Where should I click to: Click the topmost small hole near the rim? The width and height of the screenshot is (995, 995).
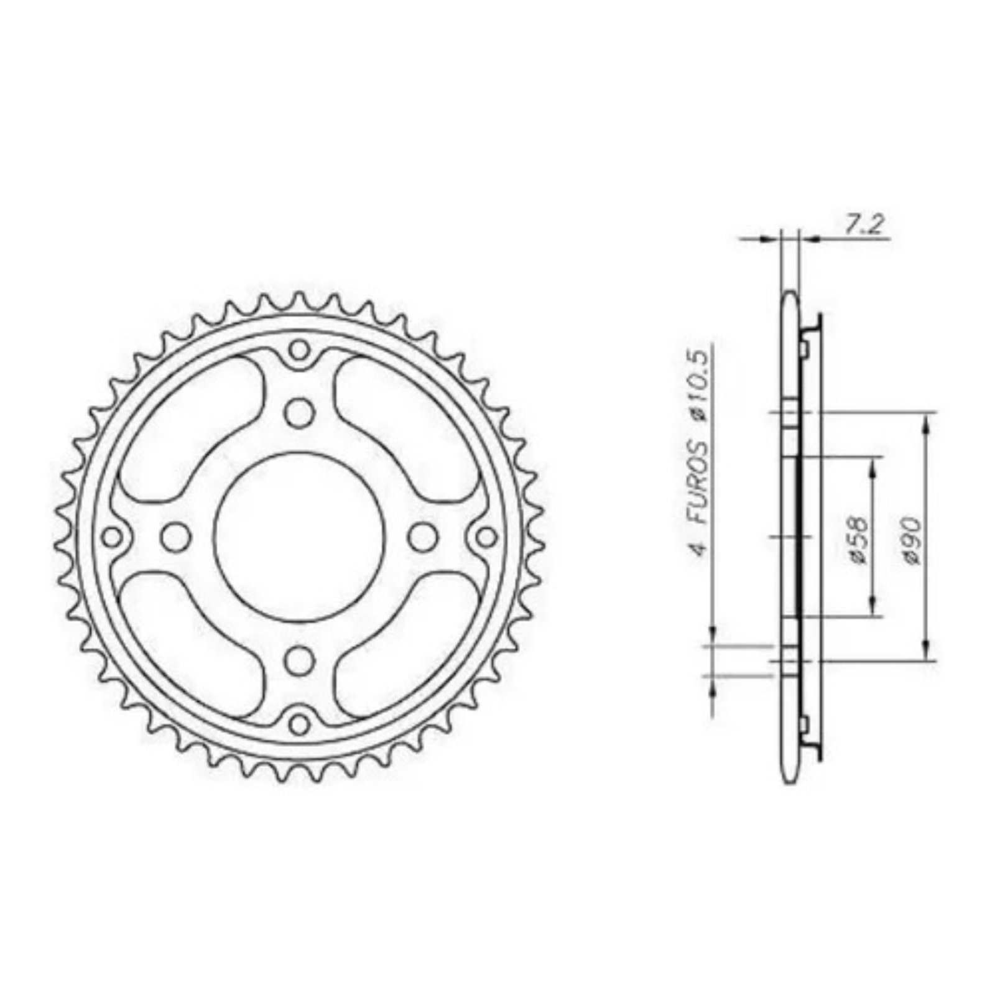pyautogui.click(x=300, y=349)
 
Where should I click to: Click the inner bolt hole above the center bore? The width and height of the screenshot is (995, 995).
pyautogui.click(x=300, y=412)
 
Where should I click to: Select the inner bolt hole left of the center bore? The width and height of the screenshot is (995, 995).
pyautogui.click(x=175, y=535)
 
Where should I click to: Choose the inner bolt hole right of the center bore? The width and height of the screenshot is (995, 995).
pyautogui.click(x=424, y=535)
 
